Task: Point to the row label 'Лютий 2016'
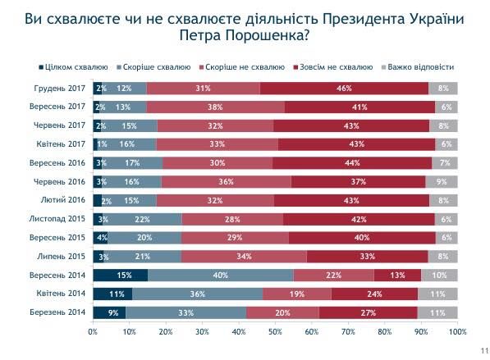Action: tap(67, 199)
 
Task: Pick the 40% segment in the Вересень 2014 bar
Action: tap(220, 275)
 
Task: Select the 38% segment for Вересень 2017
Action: tap(216, 107)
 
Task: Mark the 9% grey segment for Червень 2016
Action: tap(442, 181)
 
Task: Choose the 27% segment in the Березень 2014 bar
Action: tap(368, 312)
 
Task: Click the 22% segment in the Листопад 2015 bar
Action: tap(141, 219)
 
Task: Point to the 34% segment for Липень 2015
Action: tap(244, 256)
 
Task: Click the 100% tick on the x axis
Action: tap(457, 331)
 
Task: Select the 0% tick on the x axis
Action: tap(93, 331)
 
